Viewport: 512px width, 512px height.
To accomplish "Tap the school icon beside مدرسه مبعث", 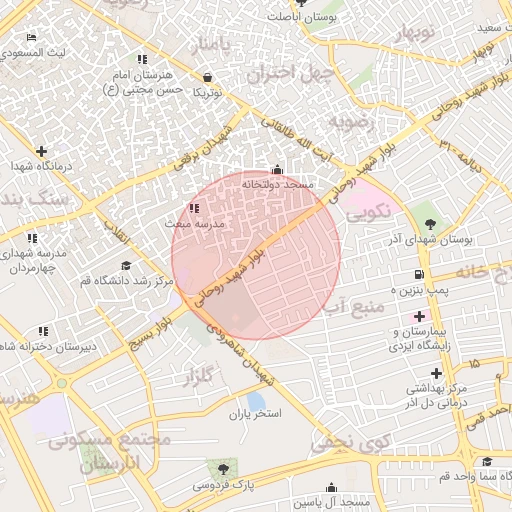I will (x=193, y=209).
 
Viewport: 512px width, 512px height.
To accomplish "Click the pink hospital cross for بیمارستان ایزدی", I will (x=419, y=316).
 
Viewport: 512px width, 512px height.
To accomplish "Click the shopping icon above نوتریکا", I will (x=207, y=77).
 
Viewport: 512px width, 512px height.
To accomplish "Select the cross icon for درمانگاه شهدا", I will (x=41, y=151).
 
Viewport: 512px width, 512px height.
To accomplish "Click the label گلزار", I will (x=200, y=377).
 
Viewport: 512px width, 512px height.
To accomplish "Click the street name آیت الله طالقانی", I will (x=301, y=139).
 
